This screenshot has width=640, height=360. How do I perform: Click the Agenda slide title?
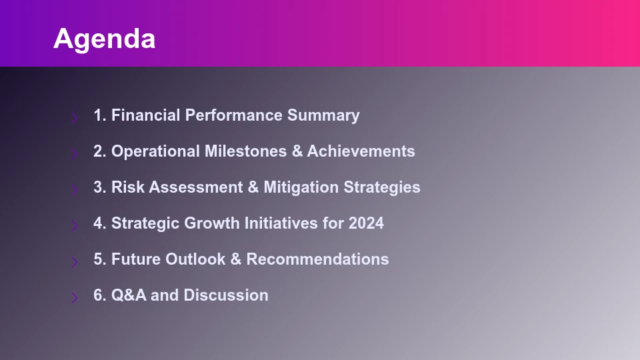point(104,39)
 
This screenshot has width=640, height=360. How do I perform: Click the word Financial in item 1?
point(146,115)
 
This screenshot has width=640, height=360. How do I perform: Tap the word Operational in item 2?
point(155,151)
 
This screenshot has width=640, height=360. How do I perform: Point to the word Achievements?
point(361,151)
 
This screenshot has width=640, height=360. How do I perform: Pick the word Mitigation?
point(301,187)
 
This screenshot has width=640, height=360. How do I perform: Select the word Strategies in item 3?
point(382,187)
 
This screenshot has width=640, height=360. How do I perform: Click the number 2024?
point(366,223)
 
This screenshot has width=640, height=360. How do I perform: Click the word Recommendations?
point(317,259)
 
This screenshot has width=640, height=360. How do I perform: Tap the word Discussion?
point(226,295)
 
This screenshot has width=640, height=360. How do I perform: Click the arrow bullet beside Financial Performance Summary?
point(75,118)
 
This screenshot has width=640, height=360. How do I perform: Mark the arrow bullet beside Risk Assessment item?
point(75,190)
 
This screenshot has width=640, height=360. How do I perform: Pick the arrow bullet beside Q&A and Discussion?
point(75,298)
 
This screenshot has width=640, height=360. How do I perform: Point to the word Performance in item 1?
point(234,115)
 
